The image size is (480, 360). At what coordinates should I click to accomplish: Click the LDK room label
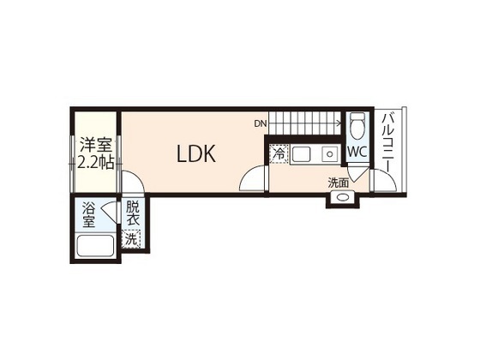coord(196,153)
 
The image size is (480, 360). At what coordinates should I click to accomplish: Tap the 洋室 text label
coord(95,145)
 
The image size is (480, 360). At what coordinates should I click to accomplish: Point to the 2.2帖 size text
coord(95,163)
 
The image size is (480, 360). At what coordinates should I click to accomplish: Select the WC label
coord(357,152)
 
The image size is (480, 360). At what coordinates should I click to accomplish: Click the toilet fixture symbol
coord(357,125)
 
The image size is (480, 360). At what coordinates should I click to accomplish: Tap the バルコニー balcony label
coord(387,143)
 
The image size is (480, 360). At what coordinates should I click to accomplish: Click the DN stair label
coord(261,123)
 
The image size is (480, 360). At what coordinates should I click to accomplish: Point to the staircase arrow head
coord(339,123)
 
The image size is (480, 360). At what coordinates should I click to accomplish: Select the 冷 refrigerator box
coord(279,154)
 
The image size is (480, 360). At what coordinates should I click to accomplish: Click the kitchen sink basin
coord(301,154)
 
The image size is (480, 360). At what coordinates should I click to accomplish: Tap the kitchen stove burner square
coord(329,153)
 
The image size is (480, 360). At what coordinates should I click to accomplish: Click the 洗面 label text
coord(339,183)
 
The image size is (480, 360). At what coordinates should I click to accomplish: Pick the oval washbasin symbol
coord(342,197)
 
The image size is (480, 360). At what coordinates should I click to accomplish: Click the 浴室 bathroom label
coord(89,215)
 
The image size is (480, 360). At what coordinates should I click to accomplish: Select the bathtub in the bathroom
coord(95,246)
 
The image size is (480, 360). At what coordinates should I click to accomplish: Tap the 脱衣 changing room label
coord(133,213)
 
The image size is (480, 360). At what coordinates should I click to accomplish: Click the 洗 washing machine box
coord(130,239)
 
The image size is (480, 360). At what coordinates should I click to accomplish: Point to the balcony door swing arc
coord(389,177)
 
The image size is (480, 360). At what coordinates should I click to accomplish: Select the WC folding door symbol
coord(357,173)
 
